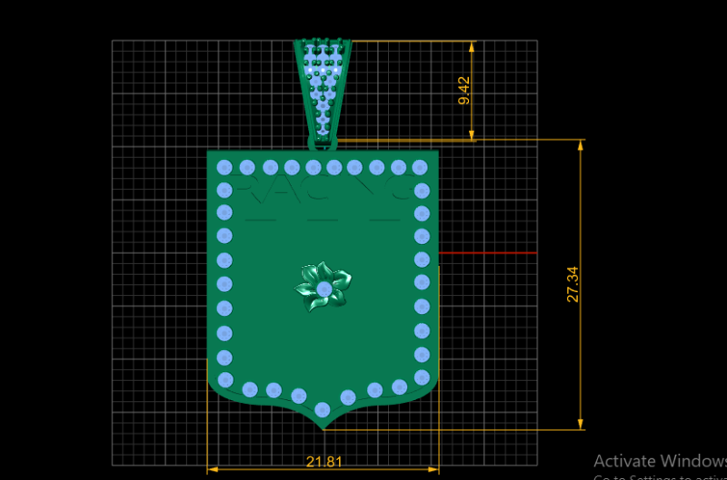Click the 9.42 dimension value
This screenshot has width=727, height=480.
(x=464, y=91)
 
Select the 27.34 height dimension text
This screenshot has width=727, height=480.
(x=573, y=285)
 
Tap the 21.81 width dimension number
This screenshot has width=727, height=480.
(x=324, y=462)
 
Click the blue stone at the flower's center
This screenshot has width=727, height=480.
(x=324, y=289)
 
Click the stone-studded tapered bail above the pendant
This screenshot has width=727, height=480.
(x=324, y=86)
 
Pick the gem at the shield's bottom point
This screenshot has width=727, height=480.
(x=322, y=409)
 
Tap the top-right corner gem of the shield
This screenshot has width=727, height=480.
(x=419, y=168)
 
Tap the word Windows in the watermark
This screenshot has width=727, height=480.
(x=695, y=460)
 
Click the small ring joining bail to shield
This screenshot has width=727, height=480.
(x=323, y=142)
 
